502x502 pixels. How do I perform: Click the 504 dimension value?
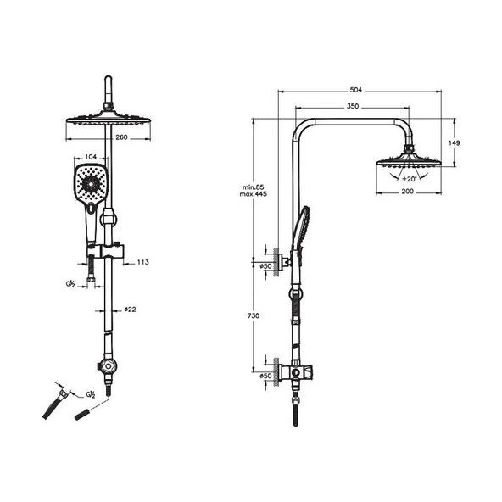(355, 90)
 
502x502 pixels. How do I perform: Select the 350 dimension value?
(353, 106)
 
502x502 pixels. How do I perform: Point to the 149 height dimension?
(454, 142)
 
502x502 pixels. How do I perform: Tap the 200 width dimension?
(408, 192)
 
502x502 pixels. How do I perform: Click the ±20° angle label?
(410, 179)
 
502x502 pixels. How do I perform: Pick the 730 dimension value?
(254, 315)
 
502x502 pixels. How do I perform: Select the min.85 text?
(253, 187)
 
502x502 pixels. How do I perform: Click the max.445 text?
(253, 194)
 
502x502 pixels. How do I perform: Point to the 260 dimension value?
(121, 137)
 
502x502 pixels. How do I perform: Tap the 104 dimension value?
(91, 157)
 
